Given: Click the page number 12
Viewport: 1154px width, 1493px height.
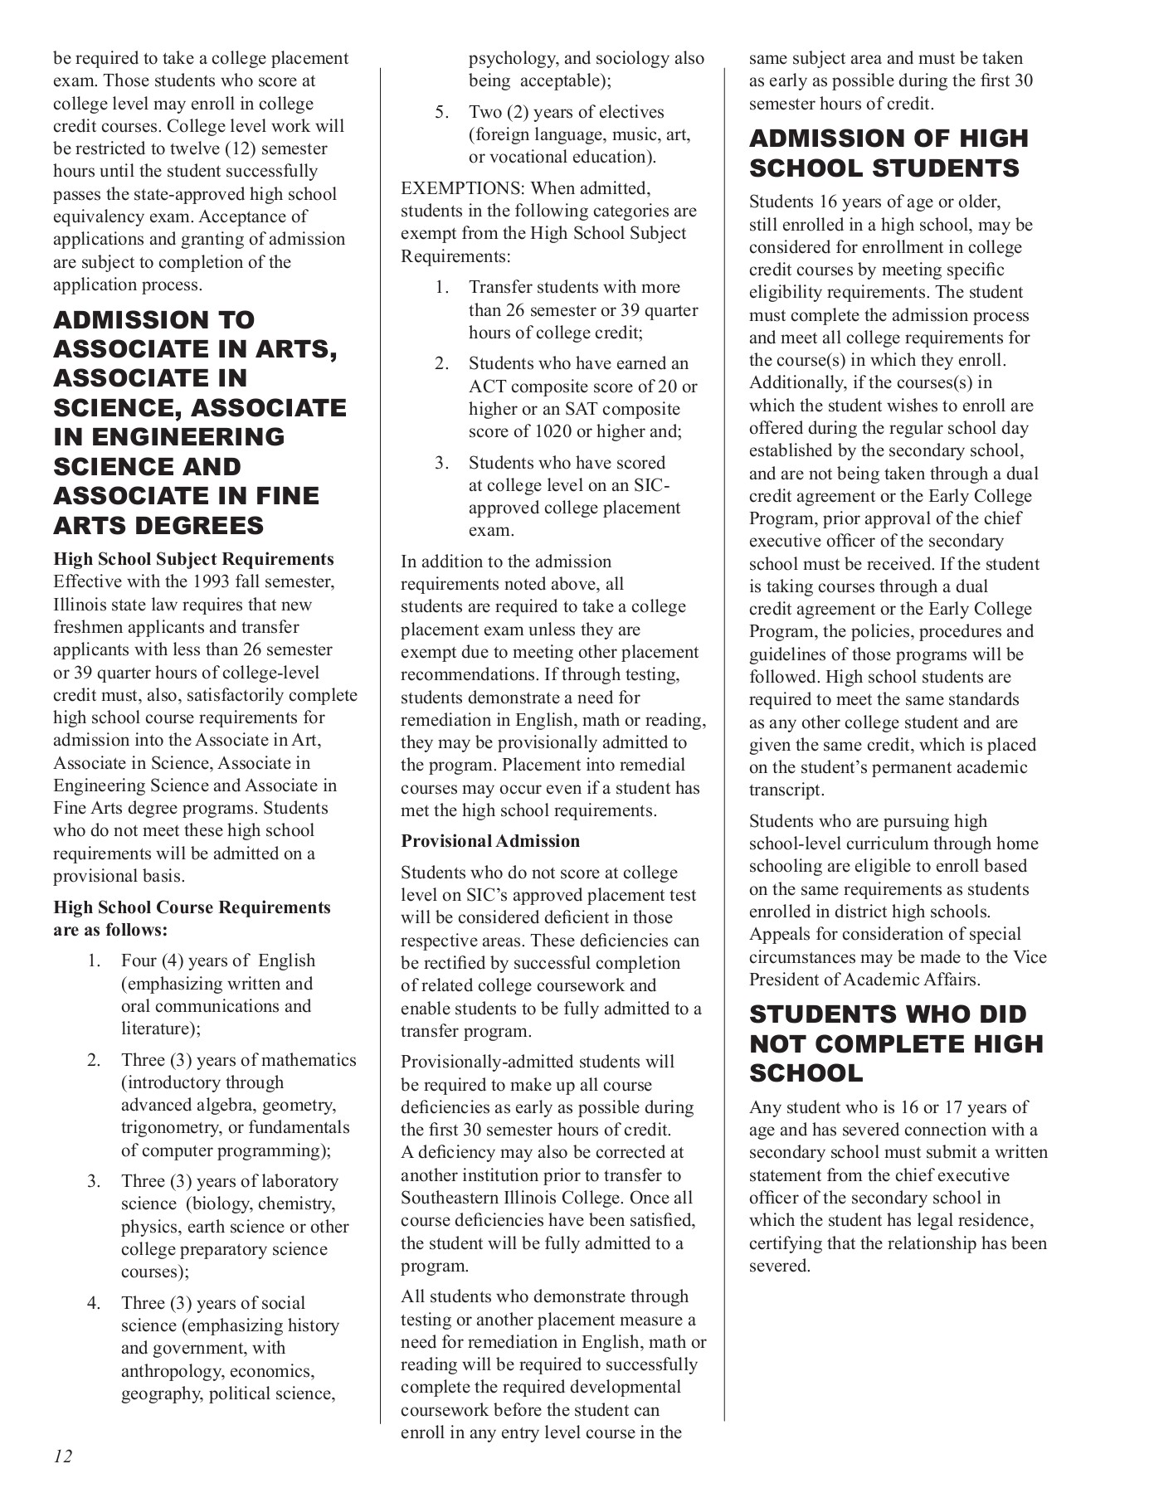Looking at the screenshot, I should [63, 1456].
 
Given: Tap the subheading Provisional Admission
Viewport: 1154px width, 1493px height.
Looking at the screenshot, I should [490, 841].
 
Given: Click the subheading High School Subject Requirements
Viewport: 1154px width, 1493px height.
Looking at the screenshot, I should [193, 559].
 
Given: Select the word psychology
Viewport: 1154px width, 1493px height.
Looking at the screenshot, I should [512, 58].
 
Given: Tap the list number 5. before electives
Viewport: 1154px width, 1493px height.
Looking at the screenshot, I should [441, 112].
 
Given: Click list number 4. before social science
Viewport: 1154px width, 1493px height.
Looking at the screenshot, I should [94, 1303].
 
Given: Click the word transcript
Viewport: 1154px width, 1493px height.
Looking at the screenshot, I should [786, 790].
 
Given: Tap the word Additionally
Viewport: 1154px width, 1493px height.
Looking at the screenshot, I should [794, 382].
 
